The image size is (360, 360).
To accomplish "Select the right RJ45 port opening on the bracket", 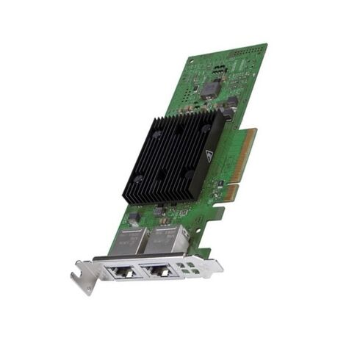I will tap(156, 271).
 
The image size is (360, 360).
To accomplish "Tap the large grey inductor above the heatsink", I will tap(209, 90).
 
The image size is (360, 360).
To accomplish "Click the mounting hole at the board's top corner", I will tap(192, 60).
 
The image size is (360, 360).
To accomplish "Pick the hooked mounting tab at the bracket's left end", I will tap(79, 279).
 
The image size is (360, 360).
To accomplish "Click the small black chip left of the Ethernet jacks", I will tap(134, 218).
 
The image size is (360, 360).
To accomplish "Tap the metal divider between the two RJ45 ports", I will tap(139, 272).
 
